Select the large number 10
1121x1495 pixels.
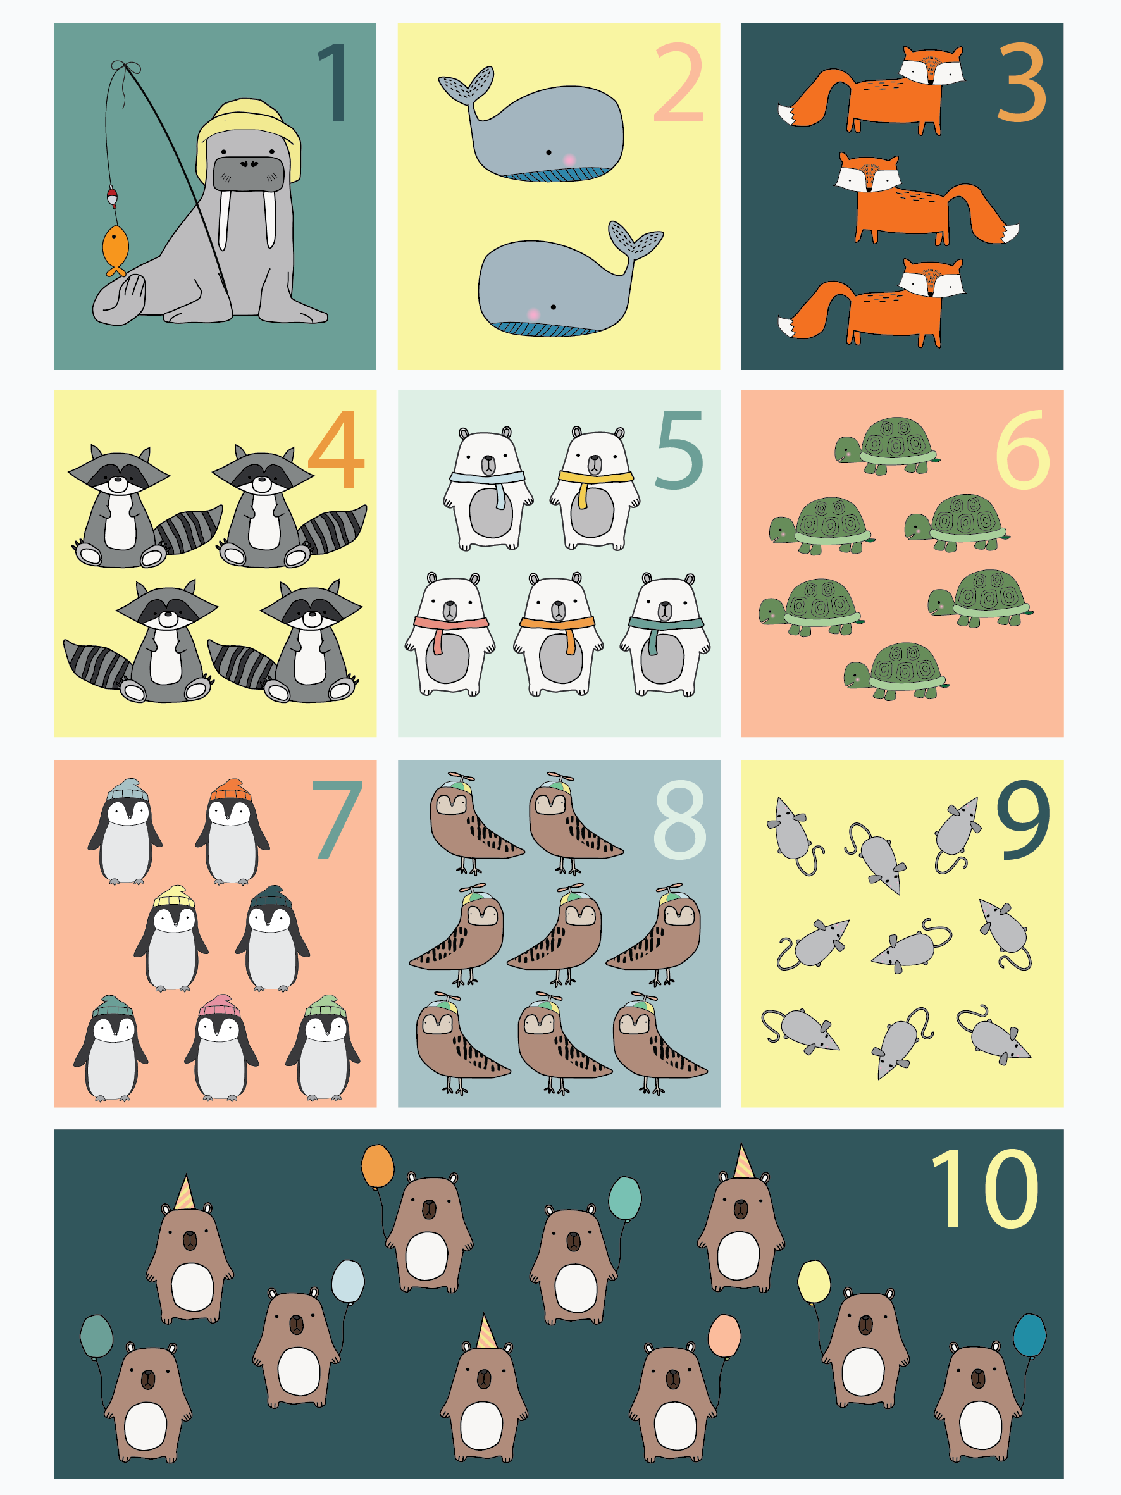[x=984, y=1189]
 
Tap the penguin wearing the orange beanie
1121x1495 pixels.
[x=232, y=831]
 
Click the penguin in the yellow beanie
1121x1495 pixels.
[x=171, y=939]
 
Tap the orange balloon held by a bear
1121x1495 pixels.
[x=377, y=1166]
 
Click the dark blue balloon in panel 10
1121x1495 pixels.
[x=1029, y=1335]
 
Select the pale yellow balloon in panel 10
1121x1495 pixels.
[x=814, y=1282]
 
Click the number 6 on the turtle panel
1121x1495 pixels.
[x=1022, y=449]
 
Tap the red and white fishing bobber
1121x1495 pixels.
[x=112, y=197]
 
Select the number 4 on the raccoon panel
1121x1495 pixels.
[x=336, y=449]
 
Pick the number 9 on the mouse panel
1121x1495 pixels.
[x=1022, y=819]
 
